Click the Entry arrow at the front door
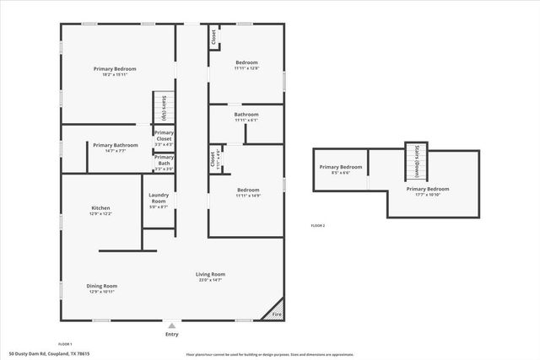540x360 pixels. pos(172,325)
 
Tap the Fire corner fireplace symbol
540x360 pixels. pos(275,314)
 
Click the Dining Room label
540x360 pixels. pos(101,288)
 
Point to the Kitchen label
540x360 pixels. pos(101,211)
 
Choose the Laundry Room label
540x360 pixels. pos(159,200)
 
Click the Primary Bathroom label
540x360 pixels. pos(110,148)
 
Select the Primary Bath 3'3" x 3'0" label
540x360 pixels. pos(164,163)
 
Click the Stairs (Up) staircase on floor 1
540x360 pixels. pos(162,108)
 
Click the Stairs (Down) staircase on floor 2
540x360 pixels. pos(414,160)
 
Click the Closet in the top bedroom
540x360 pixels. pos(214,38)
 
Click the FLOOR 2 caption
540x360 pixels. pos(317,226)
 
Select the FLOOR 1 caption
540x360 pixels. pos(64,344)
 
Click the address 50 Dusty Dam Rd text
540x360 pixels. pos(48,354)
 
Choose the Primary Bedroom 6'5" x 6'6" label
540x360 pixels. pos(341,169)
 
